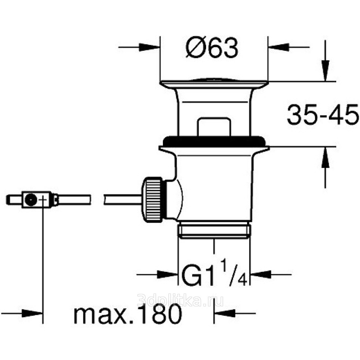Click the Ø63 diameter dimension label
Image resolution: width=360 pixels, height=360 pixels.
click(x=212, y=48)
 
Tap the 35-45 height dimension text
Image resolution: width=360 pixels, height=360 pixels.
click(x=323, y=114)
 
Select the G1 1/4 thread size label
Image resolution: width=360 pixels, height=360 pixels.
click(x=215, y=275)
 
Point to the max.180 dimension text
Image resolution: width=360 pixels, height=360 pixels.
click(x=128, y=313)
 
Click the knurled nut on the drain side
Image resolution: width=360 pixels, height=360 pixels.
click(x=153, y=199)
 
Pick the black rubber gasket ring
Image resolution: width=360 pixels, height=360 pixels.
click(x=214, y=141)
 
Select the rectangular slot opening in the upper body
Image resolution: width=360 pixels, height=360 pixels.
click(x=214, y=127)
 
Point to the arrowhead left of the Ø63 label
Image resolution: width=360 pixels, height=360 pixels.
click(x=149, y=47)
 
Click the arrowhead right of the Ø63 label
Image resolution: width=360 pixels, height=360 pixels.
click(x=278, y=47)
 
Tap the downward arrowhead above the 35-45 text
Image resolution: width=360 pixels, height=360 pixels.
click(x=325, y=71)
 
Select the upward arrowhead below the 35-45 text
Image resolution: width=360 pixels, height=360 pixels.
click(x=325, y=157)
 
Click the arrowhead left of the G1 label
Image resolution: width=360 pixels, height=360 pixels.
click(x=168, y=274)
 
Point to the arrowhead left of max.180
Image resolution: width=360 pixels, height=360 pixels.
click(x=32, y=313)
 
